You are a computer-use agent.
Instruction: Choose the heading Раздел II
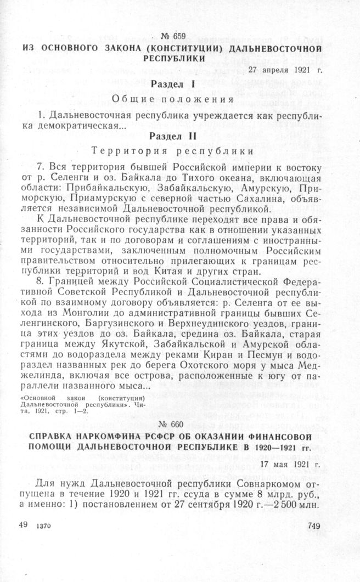(173, 135)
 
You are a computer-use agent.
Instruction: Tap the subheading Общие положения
(173, 99)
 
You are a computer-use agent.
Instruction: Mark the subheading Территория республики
(173, 150)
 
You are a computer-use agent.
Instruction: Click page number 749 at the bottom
(314, 541)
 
